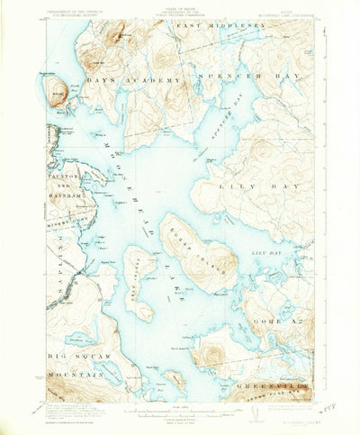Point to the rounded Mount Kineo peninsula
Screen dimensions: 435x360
tap(56, 90)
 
